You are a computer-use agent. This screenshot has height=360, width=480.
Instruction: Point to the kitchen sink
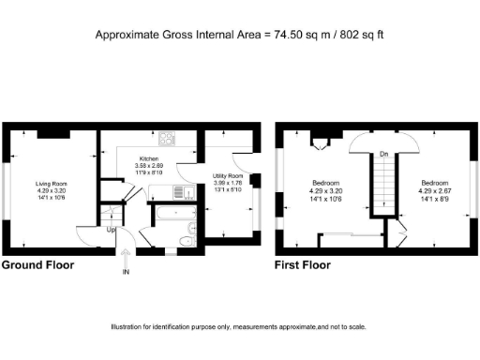pyautogui.click(x=183, y=194)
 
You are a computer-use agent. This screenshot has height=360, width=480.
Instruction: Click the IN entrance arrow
pyautogui.click(x=125, y=272)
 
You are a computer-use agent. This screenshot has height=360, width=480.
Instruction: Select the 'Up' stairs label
pyautogui.click(x=112, y=230)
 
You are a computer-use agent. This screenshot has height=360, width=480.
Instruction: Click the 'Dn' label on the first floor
pyautogui.click(x=382, y=155)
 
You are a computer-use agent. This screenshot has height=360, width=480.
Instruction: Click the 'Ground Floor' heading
pyautogui.click(x=37, y=265)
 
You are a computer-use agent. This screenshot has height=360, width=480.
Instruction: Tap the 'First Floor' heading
pyautogui.click(x=302, y=265)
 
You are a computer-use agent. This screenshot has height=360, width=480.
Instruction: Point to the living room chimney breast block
pyautogui.click(x=50, y=134)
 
